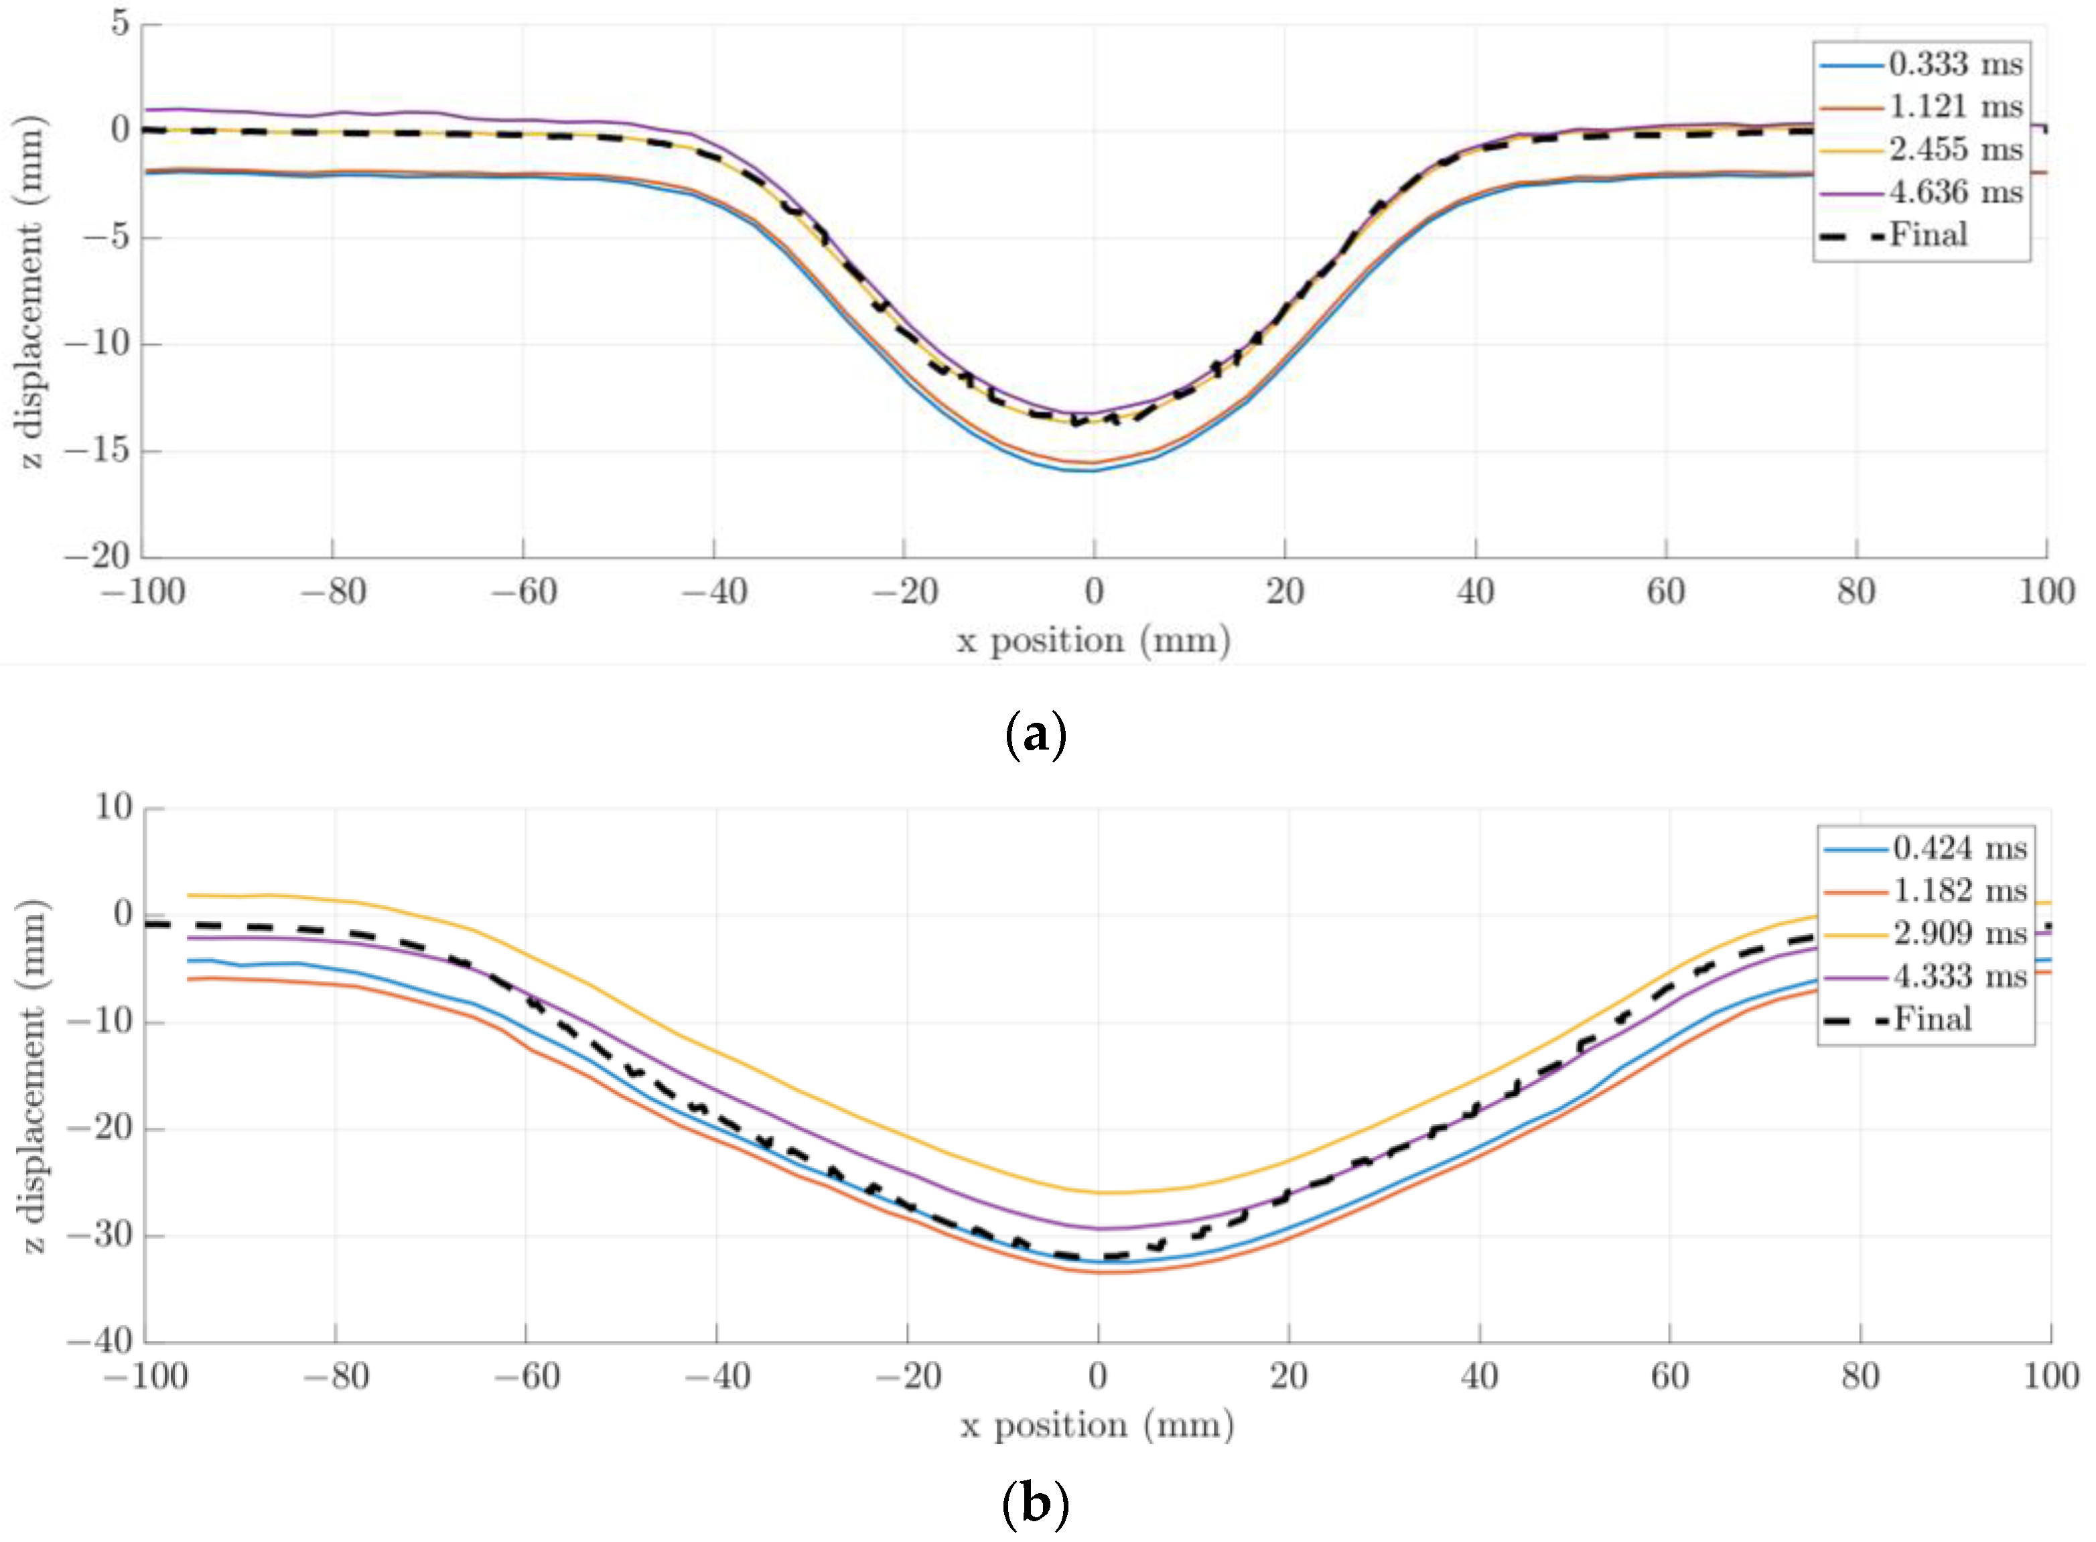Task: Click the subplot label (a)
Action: (x=1036, y=735)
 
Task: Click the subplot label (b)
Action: (x=1034, y=1504)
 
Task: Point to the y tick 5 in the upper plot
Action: (x=119, y=23)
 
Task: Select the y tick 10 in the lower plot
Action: (x=113, y=807)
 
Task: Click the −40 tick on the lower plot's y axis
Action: (x=100, y=1341)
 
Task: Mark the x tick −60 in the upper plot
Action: (x=524, y=591)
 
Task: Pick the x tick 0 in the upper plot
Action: (x=1094, y=591)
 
